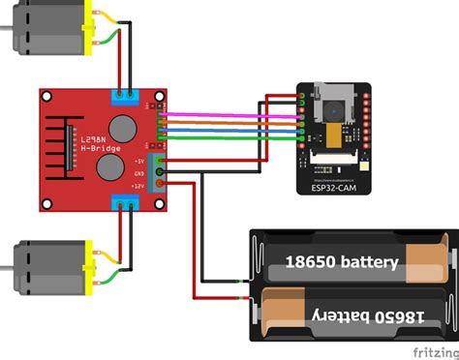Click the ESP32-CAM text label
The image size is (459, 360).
329,192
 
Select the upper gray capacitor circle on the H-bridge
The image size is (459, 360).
122,128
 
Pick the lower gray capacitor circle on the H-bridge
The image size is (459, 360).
109,169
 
